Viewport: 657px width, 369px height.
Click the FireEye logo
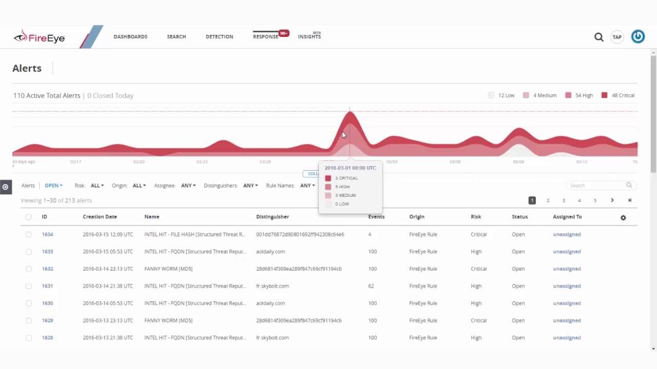[x=40, y=37]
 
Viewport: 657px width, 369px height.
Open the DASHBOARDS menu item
[x=130, y=37]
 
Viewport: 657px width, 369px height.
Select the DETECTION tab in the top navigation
[x=219, y=37]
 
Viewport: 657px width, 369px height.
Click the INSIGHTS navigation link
[x=309, y=37]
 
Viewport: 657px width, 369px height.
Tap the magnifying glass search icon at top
[x=598, y=37]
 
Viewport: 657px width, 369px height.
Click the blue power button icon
[x=637, y=37]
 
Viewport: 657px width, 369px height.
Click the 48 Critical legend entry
[x=618, y=95]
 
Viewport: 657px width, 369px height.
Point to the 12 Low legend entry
[x=501, y=95]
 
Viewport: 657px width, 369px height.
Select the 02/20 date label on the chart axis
[x=139, y=162]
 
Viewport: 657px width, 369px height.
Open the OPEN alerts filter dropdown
[x=53, y=186]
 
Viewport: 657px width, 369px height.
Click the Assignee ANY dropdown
[x=188, y=186]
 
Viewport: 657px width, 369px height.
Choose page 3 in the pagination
[x=564, y=200]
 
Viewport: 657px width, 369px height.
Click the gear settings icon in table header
[x=623, y=217]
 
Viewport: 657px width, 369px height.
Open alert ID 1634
[x=47, y=234]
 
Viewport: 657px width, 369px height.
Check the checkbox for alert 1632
[x=29, y=269]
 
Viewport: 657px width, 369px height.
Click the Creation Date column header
[x=100, y=217]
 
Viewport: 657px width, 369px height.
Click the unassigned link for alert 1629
[x=567, y=320]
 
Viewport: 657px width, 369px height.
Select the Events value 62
[x=371, y=286]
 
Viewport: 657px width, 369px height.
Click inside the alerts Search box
[x=596, y=186]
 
